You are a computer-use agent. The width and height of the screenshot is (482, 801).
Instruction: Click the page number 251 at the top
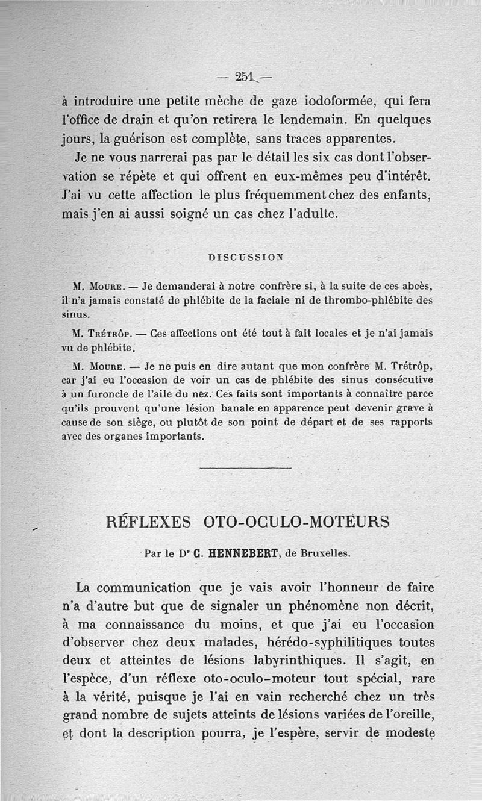point(245,77)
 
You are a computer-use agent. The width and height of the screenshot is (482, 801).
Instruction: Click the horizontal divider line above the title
point(245,468)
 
